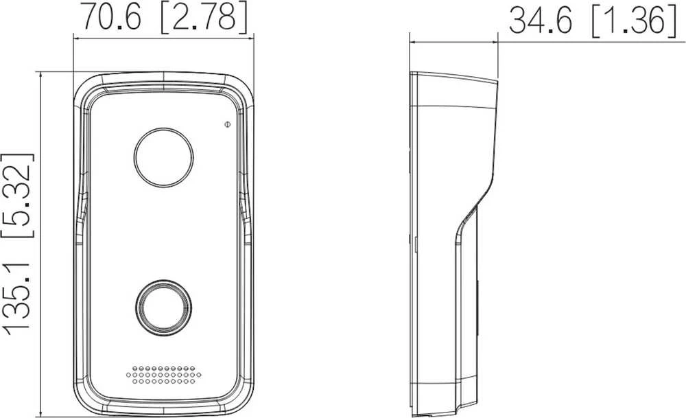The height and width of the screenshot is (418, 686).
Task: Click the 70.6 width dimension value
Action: [112, 18]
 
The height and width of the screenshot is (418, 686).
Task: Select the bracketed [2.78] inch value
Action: [204, 18]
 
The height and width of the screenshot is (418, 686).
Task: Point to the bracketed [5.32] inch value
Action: [18, 195]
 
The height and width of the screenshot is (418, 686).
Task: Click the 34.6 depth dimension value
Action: [541, 21]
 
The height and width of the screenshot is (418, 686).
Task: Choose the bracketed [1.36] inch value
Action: [634, 21]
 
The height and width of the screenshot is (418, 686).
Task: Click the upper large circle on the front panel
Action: [163, 158]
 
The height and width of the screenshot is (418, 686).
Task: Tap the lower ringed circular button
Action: [164, 307]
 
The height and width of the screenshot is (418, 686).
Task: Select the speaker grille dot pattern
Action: [164, 375]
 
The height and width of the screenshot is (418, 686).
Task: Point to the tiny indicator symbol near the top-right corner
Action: [227, 125]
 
